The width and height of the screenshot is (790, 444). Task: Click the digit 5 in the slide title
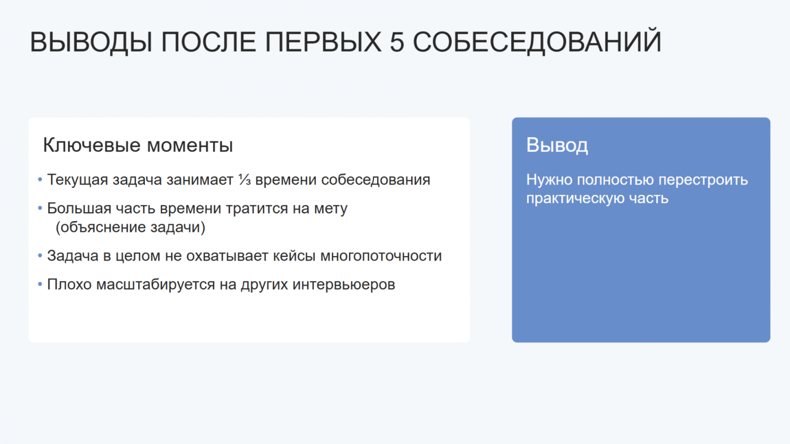(397, 42)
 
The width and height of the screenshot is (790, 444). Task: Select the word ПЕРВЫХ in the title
(323, 42)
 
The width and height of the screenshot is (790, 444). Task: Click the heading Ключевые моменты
(138, 145)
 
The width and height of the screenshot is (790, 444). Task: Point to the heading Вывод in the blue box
(557, 145)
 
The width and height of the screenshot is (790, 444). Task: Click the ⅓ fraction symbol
(245, 180)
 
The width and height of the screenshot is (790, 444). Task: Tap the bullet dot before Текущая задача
(40, 180)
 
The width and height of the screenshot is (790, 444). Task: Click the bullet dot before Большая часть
(40, 208)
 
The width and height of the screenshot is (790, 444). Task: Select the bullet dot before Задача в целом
(40, 256)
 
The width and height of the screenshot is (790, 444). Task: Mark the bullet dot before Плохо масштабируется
(40, 284)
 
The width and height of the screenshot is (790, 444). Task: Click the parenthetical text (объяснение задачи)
(131, 227)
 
